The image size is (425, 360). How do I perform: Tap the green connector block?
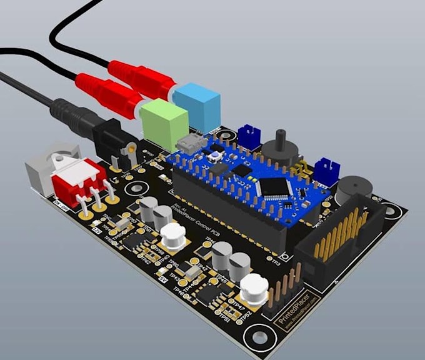tap(164, 124)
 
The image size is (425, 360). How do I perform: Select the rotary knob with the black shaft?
tap(279, 149)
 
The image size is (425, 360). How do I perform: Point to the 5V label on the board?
tap(164, 277)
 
